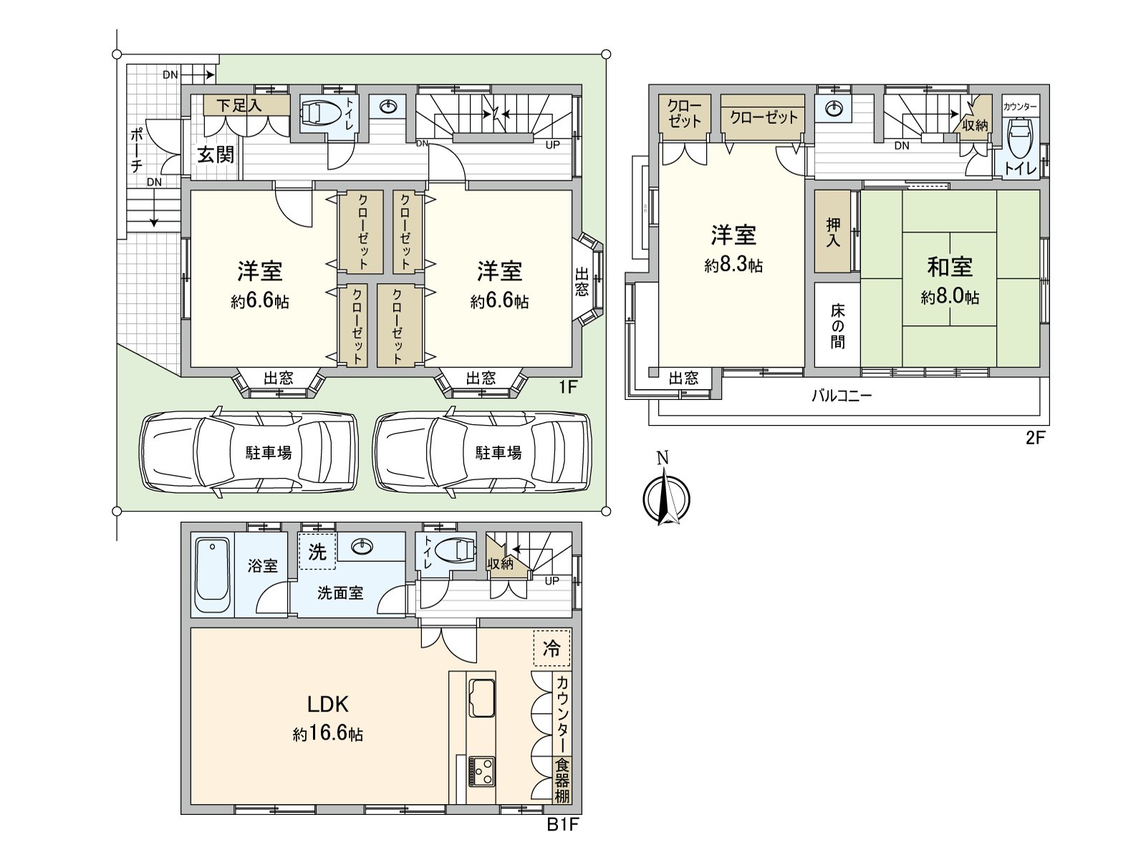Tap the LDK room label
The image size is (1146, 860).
tap(327, 704)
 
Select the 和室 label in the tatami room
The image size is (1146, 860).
tap(950, 267)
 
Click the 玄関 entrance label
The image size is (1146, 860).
tap(215, 155)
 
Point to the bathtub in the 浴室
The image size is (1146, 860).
tap(213, 576)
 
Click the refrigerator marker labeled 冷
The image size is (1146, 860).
tap(552, 648)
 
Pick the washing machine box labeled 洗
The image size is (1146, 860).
tap(317, 552)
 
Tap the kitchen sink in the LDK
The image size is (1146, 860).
tap(481, 698)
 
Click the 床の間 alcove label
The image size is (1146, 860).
tap(837, 326)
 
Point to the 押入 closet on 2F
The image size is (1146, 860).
tap(833, 232)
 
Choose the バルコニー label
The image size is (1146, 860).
tap(842, 396)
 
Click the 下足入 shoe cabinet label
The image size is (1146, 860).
tap(238, 105)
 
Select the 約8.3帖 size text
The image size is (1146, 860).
tap(733, 266)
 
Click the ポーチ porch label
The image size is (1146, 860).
tap(137, 150)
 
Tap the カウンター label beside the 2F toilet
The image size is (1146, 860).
tap(1020, 107)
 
